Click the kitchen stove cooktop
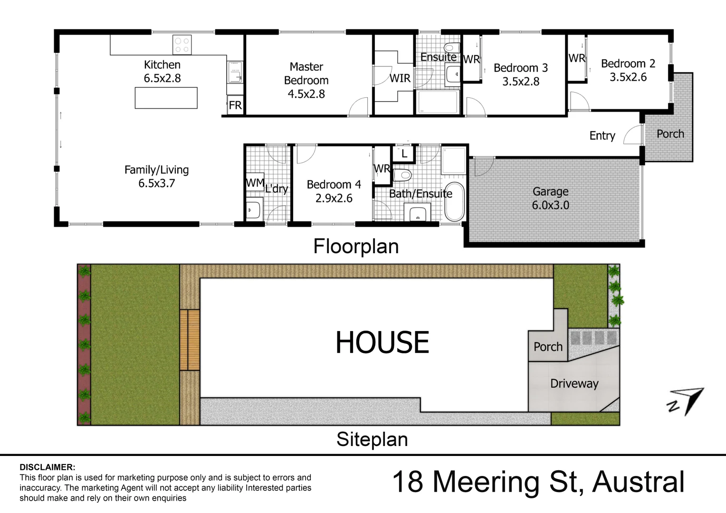point(182,45)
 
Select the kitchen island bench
point(166,98)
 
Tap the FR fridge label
point(235,105)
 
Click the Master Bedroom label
point(306,74)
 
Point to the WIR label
point(400,78)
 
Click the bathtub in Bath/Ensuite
point(454,201)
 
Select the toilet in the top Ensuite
point(451,48)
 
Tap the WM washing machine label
point(255,183)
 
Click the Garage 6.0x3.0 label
point(550,198)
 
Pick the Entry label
point(602,136)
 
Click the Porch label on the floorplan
point(670,134)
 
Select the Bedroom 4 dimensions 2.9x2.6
point(334,198)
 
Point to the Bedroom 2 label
point(628,64)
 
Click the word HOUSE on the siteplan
point(382,343)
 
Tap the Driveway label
point(574,383)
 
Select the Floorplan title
point(356,247)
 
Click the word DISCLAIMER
point(47,468)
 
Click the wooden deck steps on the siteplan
point(190,340)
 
